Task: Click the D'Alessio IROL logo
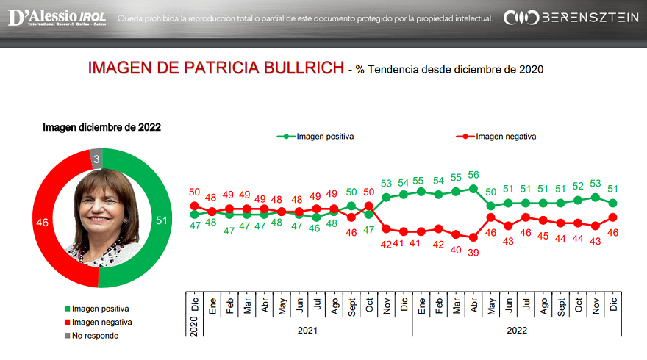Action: coord(57,18)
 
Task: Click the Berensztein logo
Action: coord(571,18)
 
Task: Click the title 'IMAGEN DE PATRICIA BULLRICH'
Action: coord(215,69)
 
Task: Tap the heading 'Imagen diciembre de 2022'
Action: coord(101,127)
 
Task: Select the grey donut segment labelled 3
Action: coord(96,158)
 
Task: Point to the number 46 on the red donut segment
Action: coord(42,222)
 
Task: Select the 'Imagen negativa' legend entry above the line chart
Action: coord(506,136)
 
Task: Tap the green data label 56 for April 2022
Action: coord(473,175)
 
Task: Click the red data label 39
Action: coord(473,251)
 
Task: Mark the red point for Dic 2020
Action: coord(195,206)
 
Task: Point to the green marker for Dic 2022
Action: coord(612,203)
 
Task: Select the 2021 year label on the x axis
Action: coord(307,331)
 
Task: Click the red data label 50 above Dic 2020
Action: coord(195,192)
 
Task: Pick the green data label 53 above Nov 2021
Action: coord(386,184)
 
